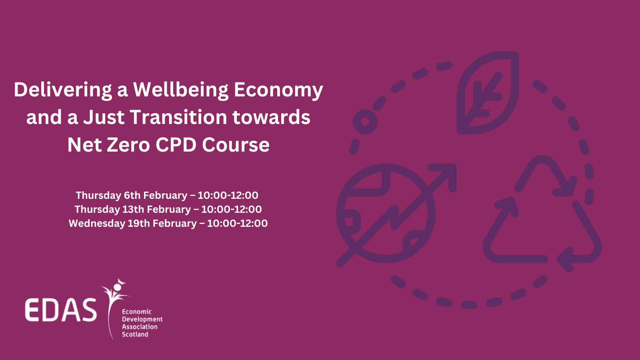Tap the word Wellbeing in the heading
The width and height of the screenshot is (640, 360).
[180, 90]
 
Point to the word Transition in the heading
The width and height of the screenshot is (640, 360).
[178, 117]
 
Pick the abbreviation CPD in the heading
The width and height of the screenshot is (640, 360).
[176, 144]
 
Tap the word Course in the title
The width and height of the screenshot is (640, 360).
[236, 144]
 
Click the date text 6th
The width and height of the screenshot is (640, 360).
[132, 196]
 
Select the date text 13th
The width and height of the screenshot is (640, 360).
[134, 210]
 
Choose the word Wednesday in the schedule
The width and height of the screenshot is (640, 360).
[97, 224]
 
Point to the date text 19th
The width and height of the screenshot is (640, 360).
[139, 224]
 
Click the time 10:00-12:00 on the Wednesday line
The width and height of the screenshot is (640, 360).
[237, 224]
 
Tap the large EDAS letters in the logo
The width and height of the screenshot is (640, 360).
[61, 310]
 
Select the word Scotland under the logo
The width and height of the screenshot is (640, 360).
[135, 334]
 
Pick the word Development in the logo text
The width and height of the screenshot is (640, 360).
[142, 319]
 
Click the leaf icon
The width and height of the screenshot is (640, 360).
[488, 92]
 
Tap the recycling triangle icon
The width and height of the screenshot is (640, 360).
[542, 214]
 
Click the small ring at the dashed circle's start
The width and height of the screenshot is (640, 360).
[365, 122]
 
